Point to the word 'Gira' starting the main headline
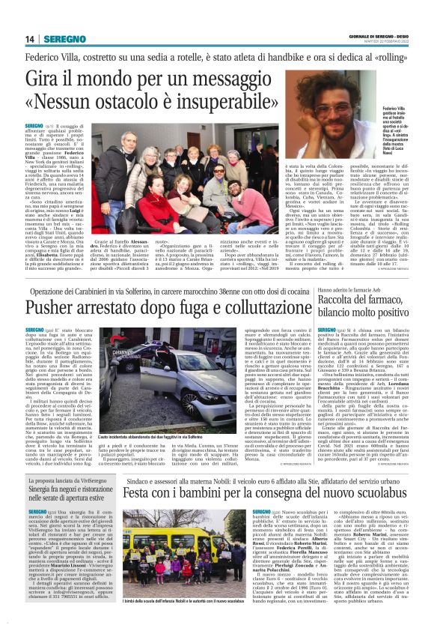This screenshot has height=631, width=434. tap(46, 77)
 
